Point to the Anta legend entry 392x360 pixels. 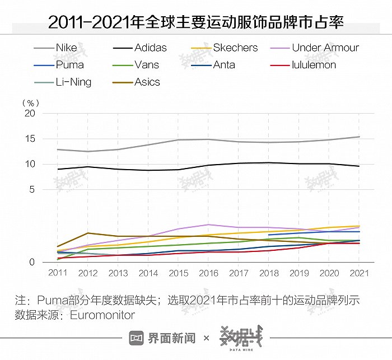coord(224,64)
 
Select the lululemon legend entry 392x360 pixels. coord(314,64)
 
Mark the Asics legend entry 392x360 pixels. coord(147,82)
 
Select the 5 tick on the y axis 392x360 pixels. coord(32,189)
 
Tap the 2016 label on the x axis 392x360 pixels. coord(208,273)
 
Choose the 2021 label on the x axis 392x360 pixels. coord(359,273)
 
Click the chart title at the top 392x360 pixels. coord(195,22)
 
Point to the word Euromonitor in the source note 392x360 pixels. coord(102,315)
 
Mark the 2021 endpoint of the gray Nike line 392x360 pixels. coord(359,137)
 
